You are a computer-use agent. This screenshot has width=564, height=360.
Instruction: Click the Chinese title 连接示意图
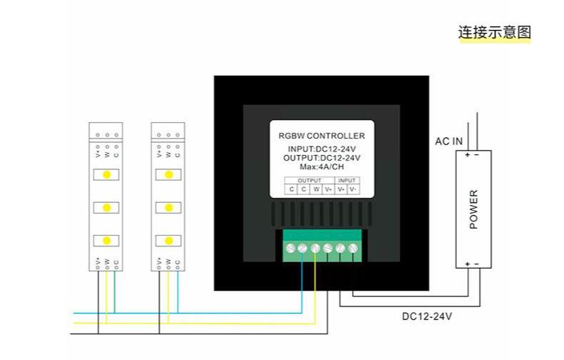[495, 32]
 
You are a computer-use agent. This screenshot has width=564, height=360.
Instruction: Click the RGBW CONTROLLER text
[321, 136]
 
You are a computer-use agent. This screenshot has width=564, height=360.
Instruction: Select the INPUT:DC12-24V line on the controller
[321, 149]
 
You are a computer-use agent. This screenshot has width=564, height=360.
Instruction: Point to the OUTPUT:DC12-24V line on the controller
[321, 158]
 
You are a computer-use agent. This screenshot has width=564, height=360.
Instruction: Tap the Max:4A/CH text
[321, 167]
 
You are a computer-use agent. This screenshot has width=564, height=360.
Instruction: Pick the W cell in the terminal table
[316, 189]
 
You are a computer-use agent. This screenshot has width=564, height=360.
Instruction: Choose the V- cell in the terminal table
[353, 189]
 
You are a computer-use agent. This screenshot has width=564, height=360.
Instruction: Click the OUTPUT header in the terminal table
[309, 181]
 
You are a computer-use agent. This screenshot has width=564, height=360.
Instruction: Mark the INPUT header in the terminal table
[346, 181]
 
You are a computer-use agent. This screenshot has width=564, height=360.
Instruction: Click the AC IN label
[448, 141]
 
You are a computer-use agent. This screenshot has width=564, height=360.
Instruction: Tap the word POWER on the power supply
[473, 209]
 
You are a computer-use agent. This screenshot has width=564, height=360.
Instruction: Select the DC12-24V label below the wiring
[426, 315]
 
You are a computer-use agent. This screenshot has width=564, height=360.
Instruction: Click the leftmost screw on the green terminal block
[291, 248]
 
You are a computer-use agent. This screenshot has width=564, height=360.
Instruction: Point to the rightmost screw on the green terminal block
[352, 248]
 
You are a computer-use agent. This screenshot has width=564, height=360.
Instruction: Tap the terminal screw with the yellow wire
[316, 248]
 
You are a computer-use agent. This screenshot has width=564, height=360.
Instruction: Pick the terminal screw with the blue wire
[303, 248]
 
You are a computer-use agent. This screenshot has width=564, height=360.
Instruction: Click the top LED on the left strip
[106, 174]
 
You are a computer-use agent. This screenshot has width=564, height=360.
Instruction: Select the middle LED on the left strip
[106, 207]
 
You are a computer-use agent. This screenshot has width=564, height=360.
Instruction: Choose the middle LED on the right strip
[168, 207]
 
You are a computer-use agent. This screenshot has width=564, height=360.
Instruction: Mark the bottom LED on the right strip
[168, 240]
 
